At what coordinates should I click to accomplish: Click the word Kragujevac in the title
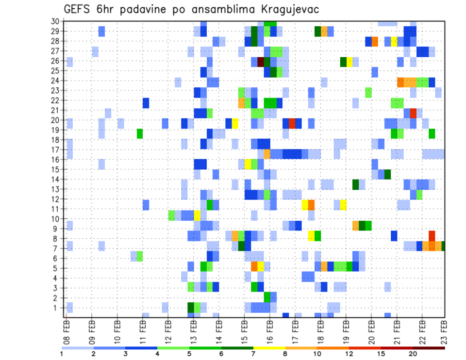(x=287, y=9)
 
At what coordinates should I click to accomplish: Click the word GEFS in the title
(x=78, y=9)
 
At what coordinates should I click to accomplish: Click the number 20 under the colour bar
(x=413, y=354)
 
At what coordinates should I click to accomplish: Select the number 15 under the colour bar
(x=381, y=354)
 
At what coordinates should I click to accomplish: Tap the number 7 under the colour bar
(x=253, y=354)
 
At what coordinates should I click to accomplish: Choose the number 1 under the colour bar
(x=62, y=354)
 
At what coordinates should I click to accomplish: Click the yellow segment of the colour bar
(x=269, y=348)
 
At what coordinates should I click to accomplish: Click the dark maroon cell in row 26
(x=261, y=62)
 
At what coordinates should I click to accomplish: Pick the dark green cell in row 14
(x=387, y=174)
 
